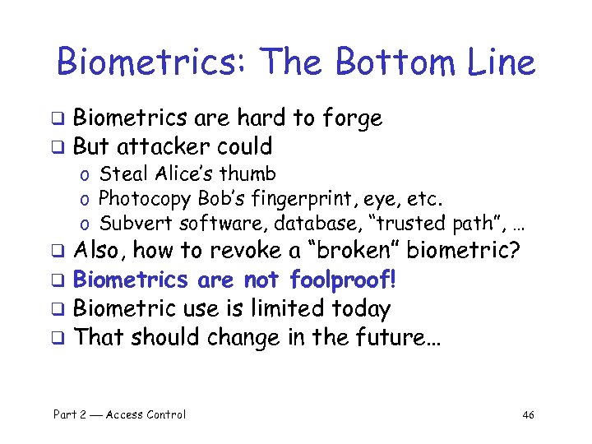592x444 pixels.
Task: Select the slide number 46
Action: click(x=528, y=414)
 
